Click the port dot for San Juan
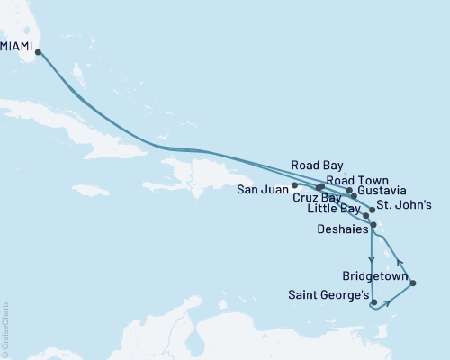pyautogui.click(x=295, y=185)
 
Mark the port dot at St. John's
pyautogui.click(x=373, y=210)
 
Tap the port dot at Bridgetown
pyautogui.click(x=412, y=284)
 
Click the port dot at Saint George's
pyautogui.click(x=373, y=304)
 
